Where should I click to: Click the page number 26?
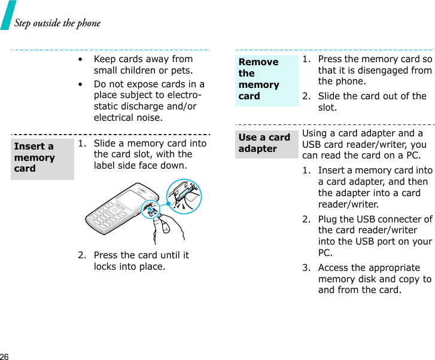[5, 356]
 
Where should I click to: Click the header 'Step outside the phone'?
[57, 23]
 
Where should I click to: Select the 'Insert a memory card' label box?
[42, 158]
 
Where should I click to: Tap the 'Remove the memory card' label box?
[266, 80]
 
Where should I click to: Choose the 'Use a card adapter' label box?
[266, 144]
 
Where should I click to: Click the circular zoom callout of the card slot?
[184, 196]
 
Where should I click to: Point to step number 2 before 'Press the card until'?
[81, 255]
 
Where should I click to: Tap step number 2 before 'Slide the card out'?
[306, 96]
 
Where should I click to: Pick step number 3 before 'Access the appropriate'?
[306, 268]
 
